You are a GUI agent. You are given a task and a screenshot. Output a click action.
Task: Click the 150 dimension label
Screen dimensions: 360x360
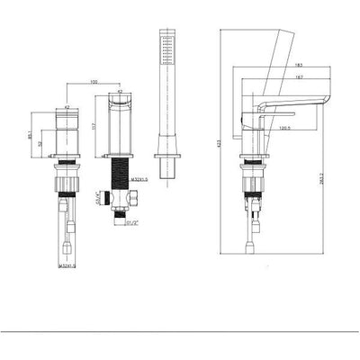[x=93, y=84]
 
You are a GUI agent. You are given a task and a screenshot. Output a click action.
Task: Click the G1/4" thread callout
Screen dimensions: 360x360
[x=96, y=199]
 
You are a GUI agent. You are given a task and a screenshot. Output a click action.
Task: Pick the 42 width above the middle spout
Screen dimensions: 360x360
[x=121, y=92]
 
